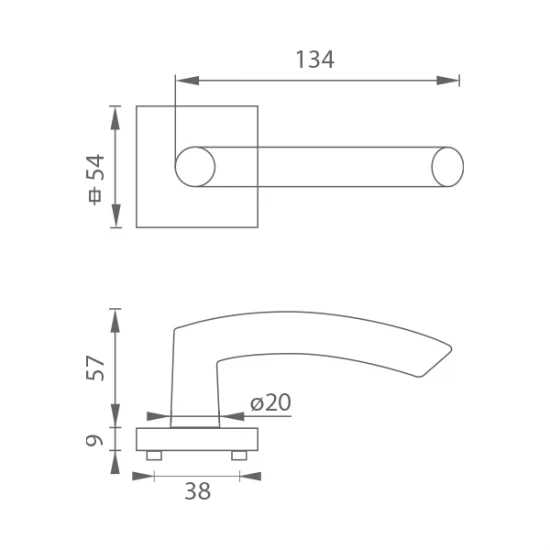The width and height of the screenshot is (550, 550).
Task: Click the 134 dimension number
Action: click(315, 60)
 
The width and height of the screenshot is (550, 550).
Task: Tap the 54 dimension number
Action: click(95, 167)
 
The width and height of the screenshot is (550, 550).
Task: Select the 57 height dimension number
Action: click(95, 368)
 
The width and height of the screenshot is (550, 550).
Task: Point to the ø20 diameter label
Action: click(270, 402)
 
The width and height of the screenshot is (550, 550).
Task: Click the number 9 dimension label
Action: click(95, 440)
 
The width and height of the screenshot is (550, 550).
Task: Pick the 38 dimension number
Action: click(197, 491)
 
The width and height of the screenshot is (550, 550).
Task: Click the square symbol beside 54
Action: click(95, 196)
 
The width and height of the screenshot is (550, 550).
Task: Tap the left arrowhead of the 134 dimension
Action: click(188, 81)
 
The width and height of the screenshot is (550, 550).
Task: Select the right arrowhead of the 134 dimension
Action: click(448, 81)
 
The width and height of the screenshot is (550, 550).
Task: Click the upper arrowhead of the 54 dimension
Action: click(115, 118)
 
